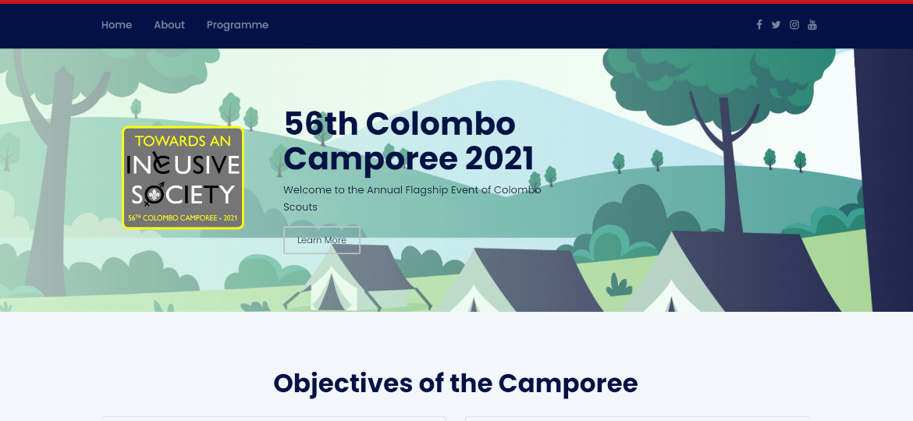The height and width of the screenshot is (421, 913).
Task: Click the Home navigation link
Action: (116, 25)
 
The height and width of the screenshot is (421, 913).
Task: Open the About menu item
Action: (169, 25)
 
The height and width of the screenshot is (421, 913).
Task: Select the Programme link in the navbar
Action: (237, 25)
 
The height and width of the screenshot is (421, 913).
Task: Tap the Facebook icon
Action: (758, 24)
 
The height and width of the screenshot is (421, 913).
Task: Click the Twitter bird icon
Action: (776, 24)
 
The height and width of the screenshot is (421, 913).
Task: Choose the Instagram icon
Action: (794, 24)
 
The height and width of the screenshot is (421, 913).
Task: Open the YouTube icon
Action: (812, 24)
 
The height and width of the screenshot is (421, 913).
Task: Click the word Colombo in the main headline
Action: (440, 124)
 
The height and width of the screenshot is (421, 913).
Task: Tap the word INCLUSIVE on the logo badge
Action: (183, 165)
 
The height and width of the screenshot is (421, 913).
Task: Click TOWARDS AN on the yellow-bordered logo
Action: (183, 140)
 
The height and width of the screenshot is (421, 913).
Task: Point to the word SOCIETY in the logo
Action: (183, 194)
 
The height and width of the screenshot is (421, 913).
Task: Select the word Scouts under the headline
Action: (300, 207)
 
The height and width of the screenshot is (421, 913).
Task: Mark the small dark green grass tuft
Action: (619, 285)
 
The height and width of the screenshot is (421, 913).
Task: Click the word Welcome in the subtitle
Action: (304, 190)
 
